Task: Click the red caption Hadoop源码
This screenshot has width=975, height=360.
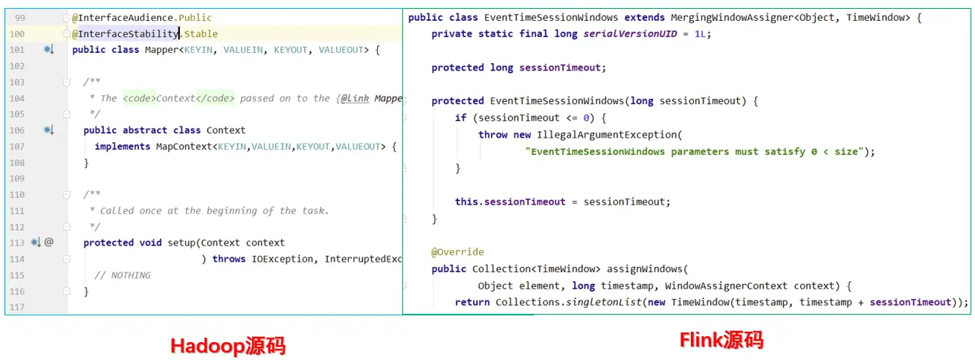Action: [228, 347]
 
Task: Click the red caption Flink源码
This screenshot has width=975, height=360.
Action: [721, 341]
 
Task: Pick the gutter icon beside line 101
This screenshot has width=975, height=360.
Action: [49, 50]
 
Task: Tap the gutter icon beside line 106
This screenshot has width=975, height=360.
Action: [49, 130]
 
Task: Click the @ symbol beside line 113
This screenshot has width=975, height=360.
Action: [49, 242]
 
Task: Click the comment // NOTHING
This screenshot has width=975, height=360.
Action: [123, 275]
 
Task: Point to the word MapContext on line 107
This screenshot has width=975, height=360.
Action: [184, 147]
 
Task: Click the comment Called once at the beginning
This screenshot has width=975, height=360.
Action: [214, 210]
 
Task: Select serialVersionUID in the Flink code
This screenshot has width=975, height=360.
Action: [620, 33]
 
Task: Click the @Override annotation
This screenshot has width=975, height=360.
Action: [457, 252]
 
